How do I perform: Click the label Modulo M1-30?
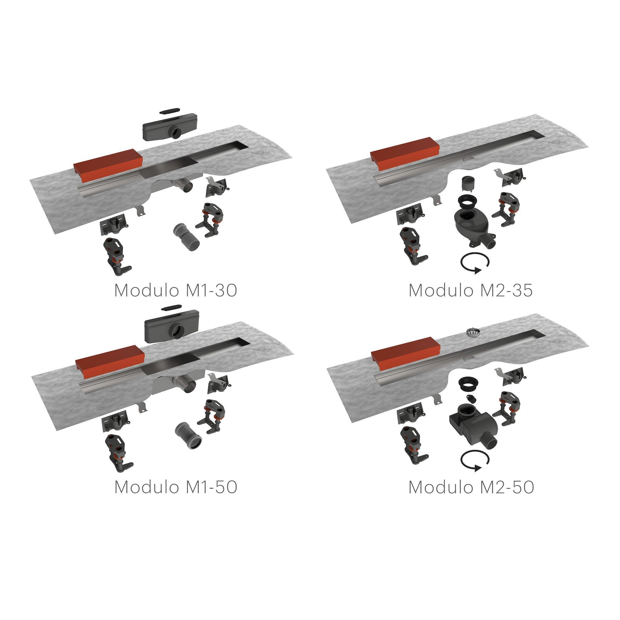(175, 291)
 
